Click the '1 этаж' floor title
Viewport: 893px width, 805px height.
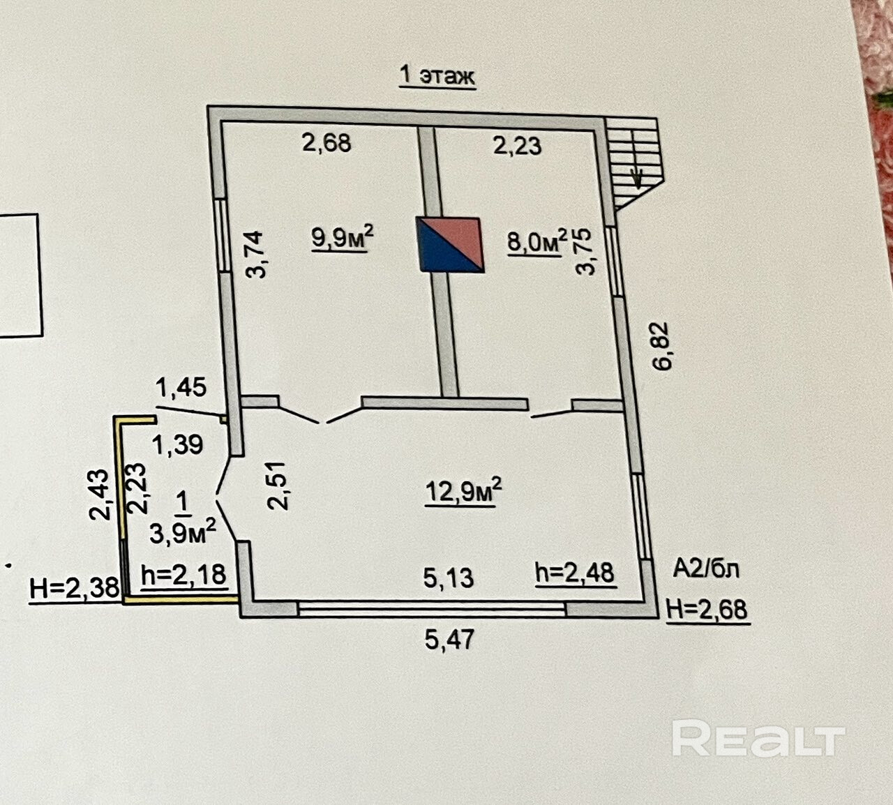tap(437, 75)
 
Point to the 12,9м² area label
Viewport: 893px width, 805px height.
tap(463, 490)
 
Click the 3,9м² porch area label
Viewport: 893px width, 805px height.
tap(182, 532)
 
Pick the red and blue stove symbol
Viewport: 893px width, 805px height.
tap(450, 243)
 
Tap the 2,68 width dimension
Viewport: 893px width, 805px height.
tap(326, 143)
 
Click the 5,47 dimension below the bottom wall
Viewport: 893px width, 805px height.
tap(449, 638)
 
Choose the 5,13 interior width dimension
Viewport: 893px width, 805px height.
tap(449, 578)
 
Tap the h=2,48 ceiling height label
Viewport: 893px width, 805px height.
tap(575, 573)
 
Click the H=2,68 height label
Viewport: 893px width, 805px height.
tap(707, 609)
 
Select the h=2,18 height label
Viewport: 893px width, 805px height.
tap(183, 575)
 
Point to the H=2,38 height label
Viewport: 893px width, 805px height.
tap(75, 589)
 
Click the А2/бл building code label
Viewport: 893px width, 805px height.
tap(705, 569)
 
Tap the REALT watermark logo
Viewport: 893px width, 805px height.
tap(758, 739)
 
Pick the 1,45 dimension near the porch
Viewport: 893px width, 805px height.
tap(181, 386)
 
